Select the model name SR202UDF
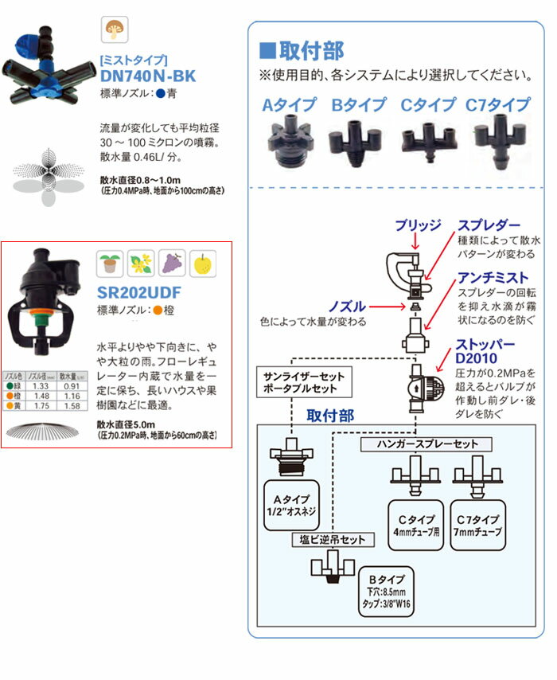point(138,291)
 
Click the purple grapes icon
point(171,263)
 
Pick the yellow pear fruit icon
point(202,263)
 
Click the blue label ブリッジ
point(418,225)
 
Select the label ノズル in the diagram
point(345,307)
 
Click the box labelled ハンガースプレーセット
point(424,444)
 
